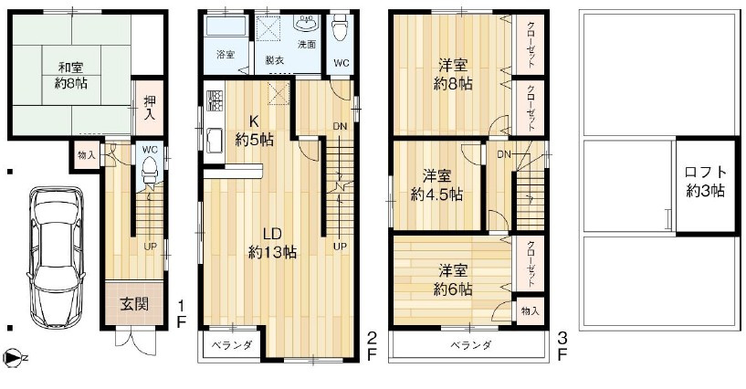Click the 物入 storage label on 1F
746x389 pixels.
click(x=87, y=156)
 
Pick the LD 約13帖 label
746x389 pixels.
click(x=272, y=242)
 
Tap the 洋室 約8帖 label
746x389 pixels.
click(x=453, y=74)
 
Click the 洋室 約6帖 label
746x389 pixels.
click(x=453, y=279)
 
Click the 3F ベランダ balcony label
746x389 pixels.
click(x=471, y=345)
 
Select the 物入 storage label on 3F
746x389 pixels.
click(x=531, y=311)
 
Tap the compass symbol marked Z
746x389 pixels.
click(x=11, y=358)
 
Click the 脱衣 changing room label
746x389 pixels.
click(x=274, y=58)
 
